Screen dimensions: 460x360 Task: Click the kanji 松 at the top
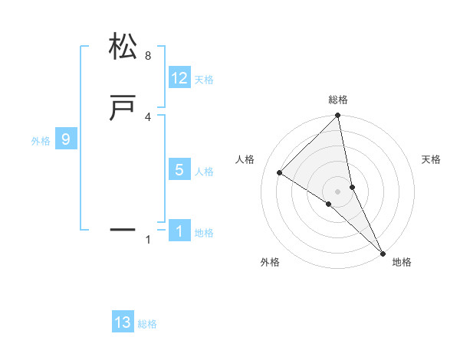[x=123, y=47]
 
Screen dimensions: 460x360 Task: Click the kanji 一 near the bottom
[x=123, y=229]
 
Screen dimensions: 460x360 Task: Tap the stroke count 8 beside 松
[x=148, y=56]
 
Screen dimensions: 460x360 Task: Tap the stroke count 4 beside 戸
[x=148, y=117]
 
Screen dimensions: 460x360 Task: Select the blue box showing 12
[x=179, y=78]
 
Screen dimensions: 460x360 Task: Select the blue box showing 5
[x=179, y=170]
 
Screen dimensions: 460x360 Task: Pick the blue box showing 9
[x=66, y=139]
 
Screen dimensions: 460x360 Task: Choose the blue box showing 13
[x=123, y=322]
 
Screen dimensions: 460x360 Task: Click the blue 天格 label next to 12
[x=204, y=80]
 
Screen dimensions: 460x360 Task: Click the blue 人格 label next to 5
[x=204, y=172]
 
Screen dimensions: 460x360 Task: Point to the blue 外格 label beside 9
[x=41, y=141]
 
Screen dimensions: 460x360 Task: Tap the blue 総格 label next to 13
[x=147, y=324]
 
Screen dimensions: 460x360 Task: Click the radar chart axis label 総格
[x=338, y=100]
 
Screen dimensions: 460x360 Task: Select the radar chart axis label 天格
[x=431, y=159]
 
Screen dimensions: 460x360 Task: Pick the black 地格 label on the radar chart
[x=402, y=262]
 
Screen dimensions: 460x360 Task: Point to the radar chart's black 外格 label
[x=270, y=262]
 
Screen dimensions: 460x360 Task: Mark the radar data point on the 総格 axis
[x=338, y=116]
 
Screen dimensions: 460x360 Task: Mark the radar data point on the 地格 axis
[x=383, y=252]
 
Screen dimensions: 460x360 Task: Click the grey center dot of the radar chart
[x=338, y=191]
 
